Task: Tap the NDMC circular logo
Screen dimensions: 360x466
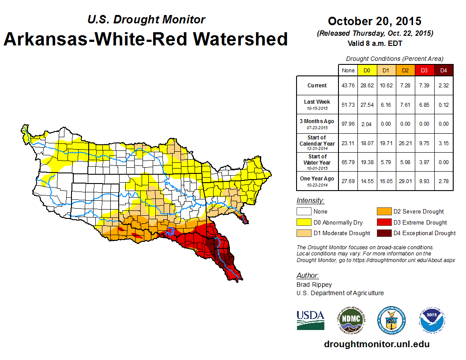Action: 351,320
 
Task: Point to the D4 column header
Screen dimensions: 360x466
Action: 443,71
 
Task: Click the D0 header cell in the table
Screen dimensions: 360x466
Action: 366,71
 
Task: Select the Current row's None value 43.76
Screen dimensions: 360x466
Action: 348,86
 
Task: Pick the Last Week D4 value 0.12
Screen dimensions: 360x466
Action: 443,105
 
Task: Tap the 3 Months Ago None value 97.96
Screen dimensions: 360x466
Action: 348,124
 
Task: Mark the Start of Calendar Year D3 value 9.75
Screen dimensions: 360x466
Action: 424,143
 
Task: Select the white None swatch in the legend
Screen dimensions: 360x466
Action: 303,212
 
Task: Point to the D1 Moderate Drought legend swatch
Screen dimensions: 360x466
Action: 303,233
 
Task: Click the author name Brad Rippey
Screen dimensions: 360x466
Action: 314,285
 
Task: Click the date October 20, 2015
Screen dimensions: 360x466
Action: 375,21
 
